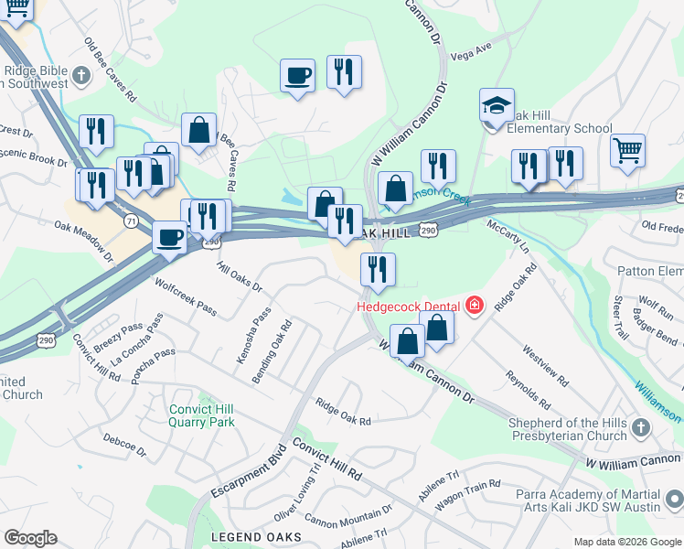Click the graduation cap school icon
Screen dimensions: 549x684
[497, 106]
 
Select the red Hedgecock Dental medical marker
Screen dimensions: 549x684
[474, 305]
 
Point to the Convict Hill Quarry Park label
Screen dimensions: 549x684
[201, 415]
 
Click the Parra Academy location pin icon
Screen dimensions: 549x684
[674, 499]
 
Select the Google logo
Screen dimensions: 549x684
[30, 537]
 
